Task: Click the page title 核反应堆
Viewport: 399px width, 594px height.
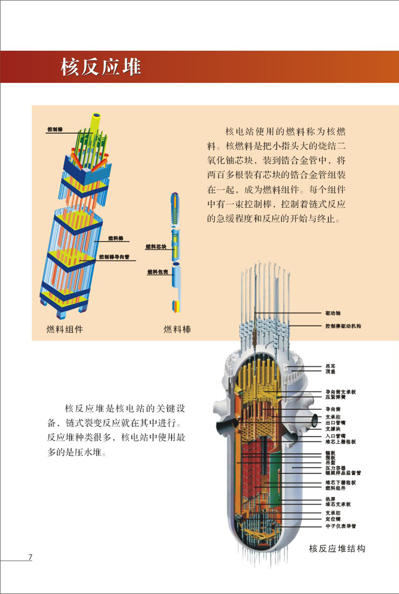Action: (x=101, y=67)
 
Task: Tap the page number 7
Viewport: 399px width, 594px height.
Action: (x=31, y=557)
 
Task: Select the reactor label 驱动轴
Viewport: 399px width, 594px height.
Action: (x=332, y=313)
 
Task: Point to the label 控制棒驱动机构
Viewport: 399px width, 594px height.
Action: (x=343, y=326)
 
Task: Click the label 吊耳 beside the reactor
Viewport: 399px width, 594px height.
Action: (x=330, y=366)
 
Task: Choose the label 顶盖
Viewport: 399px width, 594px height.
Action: (x=330, y=372)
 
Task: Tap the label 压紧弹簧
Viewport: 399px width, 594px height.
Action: (x=334, y=398)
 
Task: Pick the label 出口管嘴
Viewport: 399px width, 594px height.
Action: (x=335, y=422)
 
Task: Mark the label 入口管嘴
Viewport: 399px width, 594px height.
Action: (x=335, y=435)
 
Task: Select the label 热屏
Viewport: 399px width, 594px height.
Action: (x=330, y=499)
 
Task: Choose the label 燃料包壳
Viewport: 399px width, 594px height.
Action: (x=157, y=271)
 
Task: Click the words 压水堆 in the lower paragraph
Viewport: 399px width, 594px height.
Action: (x=89, y=453)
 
